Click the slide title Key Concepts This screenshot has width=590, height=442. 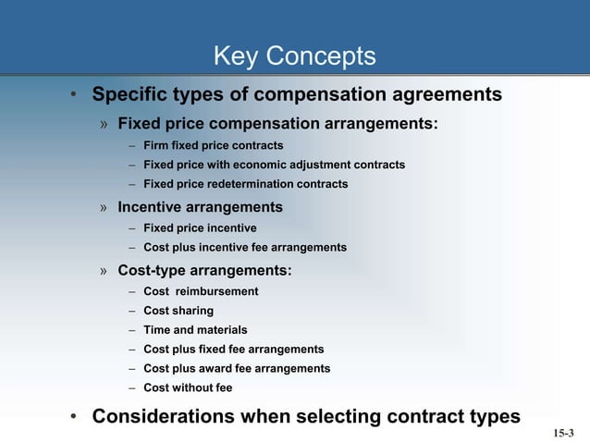294,57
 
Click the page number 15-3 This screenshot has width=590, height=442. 563,433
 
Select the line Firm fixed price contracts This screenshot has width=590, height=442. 213,146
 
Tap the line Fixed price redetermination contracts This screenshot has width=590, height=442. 245,185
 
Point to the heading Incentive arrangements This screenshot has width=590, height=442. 200,207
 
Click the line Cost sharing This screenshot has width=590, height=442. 178,311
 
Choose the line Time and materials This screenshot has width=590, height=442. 195,330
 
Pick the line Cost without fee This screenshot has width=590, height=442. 188,388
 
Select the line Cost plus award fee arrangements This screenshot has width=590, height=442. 237,369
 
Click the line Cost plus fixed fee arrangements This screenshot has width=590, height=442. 233,350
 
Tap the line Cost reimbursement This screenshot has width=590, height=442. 201,291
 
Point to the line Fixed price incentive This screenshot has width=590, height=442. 200,227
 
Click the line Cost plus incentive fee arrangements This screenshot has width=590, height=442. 245,248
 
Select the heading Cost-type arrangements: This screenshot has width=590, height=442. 204,271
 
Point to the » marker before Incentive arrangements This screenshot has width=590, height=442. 105,208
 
